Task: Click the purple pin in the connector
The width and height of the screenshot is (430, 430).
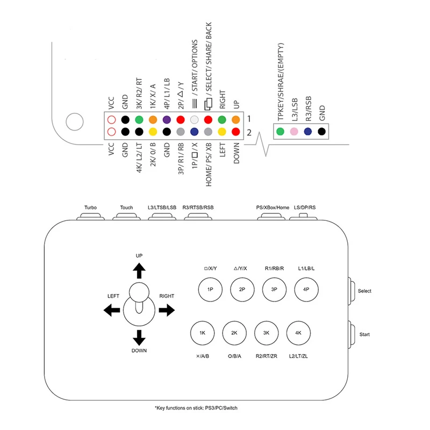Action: tap(167, 120)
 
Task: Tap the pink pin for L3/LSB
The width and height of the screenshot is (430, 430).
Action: tap(293, 132)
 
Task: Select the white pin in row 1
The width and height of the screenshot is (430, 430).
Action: tap(195, 120)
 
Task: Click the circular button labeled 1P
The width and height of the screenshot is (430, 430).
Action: tap(210, 289)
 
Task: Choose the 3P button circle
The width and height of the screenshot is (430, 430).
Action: tap(274, 289)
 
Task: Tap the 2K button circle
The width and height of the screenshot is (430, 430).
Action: tap(234, 333)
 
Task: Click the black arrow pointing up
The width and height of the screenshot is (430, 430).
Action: tap(139, 270)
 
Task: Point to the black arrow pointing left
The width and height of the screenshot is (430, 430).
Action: tap(111, 310)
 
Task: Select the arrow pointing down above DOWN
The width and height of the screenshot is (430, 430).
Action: tap(139, 337)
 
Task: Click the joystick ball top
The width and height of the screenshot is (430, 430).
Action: tap(139, 293)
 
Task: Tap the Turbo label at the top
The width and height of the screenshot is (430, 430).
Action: tap(90, 207)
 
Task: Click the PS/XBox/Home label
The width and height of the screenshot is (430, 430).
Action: tap(273, 207)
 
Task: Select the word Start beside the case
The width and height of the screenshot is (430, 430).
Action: tap(364, 334)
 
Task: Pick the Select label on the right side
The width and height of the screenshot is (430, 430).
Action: tap(364, 291)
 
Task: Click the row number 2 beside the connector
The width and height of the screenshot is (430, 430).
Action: tap(249, 132)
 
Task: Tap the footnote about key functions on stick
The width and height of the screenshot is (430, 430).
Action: tap(196, 408)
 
